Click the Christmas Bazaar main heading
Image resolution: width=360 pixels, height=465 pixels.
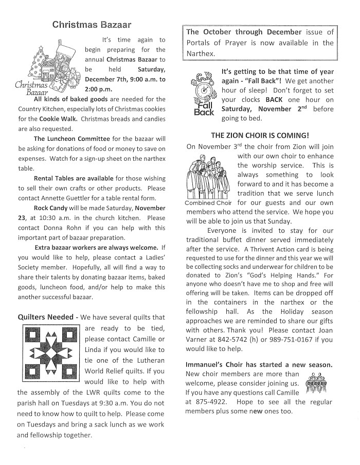(x=92, y=24)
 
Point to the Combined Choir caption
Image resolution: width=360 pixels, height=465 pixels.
(x=208, y=202)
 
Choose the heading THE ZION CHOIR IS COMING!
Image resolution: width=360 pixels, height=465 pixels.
(x=260, y=135)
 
